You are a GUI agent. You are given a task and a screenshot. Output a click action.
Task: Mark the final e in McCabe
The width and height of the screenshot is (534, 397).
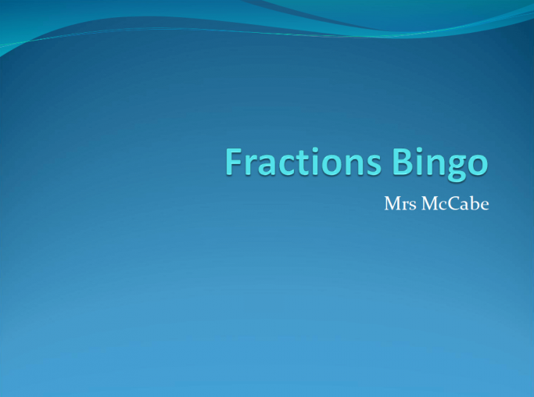coord(483,206)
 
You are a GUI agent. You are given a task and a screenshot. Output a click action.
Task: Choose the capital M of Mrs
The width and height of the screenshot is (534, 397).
coord(391,204)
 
